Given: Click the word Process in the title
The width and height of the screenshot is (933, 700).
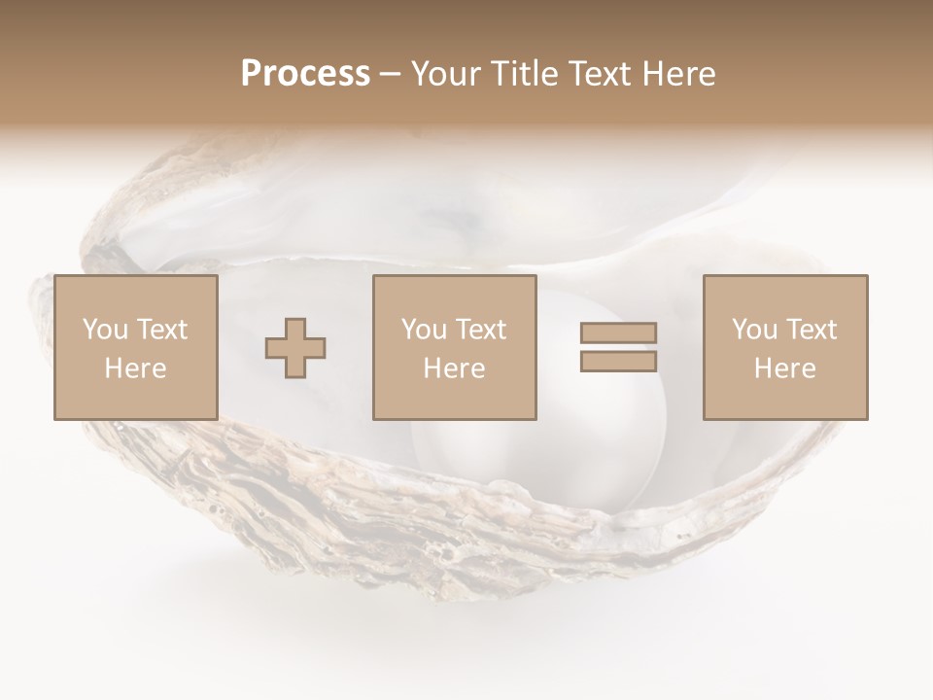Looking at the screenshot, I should (x=305, y=74).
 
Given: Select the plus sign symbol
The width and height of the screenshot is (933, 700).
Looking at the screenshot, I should (x=295, y=348).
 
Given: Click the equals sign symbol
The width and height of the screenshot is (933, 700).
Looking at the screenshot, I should (x=618, y=347).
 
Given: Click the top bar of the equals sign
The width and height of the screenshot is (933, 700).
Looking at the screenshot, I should (x=618, y=333).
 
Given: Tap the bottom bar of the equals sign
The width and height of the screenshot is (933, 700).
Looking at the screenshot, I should (x=618, y=362).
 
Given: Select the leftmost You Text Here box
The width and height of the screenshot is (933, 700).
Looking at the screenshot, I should (x=135, y=347).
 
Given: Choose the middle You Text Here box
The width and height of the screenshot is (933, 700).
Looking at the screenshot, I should (x=454, y=347).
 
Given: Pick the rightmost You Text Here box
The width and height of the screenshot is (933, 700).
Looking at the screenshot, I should (x=784, y=347).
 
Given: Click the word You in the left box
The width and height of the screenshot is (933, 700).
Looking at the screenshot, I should (x=104, y=330).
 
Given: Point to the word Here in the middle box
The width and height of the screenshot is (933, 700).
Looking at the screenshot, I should (x=454, y=368).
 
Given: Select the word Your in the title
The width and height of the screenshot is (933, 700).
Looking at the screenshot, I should (x=444, y=74).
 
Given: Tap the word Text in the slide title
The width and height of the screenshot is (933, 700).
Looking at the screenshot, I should (x=599, y=74).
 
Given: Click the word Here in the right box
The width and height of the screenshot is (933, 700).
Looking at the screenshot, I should (x=784, y=368).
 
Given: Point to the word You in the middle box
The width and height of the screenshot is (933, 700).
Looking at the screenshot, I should (x=424, y=330).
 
